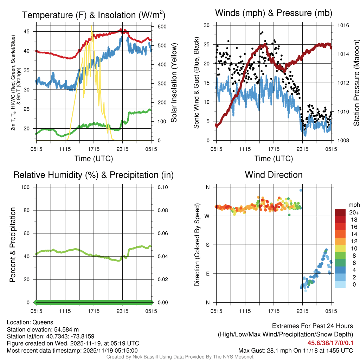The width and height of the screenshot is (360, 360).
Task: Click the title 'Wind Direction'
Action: [x=274, y=175]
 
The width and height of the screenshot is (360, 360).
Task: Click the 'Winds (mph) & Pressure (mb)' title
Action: [x=274, y=13]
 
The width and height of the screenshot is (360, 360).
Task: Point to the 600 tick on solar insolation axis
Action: [x=162, y=27]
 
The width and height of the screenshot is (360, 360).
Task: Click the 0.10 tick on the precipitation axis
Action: [x=162, y=187]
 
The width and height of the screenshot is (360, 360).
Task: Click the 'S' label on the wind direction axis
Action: [x=207, y=245]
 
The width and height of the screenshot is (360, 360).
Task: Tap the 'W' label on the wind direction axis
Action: [x=207, y=216]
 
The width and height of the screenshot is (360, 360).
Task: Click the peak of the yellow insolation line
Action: [x=91, y=26]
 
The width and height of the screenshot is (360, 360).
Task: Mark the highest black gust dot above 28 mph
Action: [x=262, y=32]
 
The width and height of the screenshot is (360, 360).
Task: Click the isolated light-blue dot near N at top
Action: [x=301, y=190]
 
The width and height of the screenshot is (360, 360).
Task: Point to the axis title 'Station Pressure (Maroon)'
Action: [x=356, y=83]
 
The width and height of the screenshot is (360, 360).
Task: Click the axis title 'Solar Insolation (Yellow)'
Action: [x=174, y=83]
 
